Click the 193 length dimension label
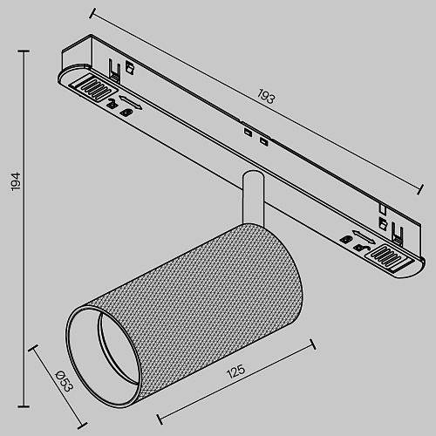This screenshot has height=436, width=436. (266, 96)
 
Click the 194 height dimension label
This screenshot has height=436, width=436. (16, 181)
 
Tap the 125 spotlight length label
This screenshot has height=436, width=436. (235, 371)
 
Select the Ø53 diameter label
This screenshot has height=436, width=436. (64, 381)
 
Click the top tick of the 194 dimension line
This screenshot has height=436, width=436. (24, 51)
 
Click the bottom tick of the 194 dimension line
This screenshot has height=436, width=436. (24, 406)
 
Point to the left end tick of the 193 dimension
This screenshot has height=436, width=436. (92, 13)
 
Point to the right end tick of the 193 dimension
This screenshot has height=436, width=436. (420, 189)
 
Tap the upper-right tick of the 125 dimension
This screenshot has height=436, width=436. (313, 344)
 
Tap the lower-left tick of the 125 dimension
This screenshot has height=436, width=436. (160, 419)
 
